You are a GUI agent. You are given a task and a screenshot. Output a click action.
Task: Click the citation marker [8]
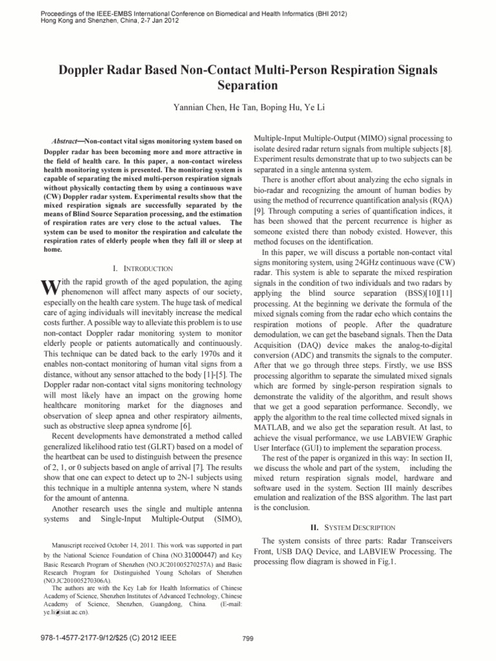(446, 149)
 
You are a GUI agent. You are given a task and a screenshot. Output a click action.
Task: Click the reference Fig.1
(384, 562)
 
